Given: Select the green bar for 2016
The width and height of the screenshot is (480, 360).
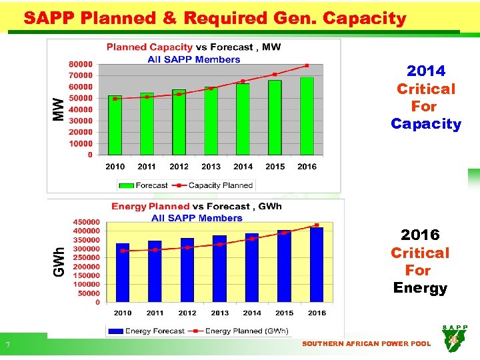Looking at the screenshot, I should pyautogui.click(x=307, y=116).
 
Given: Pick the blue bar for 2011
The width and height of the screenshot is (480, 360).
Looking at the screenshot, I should pyautogui.click(x=155, y=271).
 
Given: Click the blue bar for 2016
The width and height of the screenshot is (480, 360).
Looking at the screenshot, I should pyautogui.click(x=317, y=265).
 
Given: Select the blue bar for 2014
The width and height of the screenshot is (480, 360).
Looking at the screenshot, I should pyautogui.click(x=252, y=267).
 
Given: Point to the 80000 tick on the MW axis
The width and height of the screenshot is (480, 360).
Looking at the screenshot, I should pyautogui.click(x=81, y=64).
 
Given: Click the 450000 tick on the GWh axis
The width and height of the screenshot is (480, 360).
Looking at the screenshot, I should pyautogui.click(x=85, y=222).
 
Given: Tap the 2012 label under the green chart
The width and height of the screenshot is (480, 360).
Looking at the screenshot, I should pyautogui.click(x=179, y=167).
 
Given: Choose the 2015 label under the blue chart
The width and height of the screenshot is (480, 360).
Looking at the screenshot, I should pyautogui.click(x=284, y=313).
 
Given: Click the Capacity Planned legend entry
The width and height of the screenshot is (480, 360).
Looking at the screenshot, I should pyautogui.click(x=213, y=185).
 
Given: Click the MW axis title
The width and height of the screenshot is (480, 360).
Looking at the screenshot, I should pyautogui.click(x=59, y=109).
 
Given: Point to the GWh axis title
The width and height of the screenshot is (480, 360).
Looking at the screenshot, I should pyautogui.click(x=59, y=262).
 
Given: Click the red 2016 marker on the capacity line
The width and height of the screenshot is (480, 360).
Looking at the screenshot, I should pyautogui.click(x=307, y=65).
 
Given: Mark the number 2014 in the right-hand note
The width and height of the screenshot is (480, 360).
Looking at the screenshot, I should pyautogui.click(x=426, y=71).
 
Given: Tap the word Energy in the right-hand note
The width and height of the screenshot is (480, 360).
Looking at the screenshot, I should pyautogui.click(x=420, y=288).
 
